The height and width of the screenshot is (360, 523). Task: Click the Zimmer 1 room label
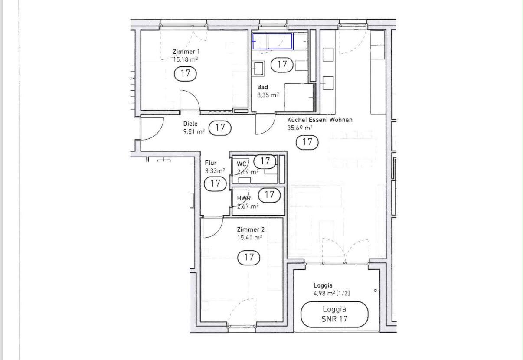[186, 52]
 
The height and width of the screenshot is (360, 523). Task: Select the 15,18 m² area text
[185, 59]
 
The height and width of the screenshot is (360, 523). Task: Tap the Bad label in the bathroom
[262, 87]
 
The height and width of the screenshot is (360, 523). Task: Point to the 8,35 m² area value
[268, 95]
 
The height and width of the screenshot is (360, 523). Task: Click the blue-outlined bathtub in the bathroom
[272, 41]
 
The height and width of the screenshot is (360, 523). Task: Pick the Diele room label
[190, 124]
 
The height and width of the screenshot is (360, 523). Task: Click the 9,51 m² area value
[194, 132]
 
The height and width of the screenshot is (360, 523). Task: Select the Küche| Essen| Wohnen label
[320, 120]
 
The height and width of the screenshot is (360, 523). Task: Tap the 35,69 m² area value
[300, 128]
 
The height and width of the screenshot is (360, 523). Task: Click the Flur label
[211, 163]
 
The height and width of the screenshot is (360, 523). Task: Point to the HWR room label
[244, 199]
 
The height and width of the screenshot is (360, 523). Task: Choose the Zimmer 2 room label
[251, 229]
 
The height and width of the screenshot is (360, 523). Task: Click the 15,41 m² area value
[250, 238]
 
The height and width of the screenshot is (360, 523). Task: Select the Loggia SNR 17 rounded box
[334, 314]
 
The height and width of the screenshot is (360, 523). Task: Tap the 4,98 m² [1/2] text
[332, 293]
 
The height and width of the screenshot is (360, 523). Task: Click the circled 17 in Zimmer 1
[185, 74]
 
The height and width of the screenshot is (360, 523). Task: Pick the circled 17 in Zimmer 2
[248, 258]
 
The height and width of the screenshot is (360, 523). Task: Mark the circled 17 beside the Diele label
[220, 128]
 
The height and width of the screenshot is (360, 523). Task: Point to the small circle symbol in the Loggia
[376, 291]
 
